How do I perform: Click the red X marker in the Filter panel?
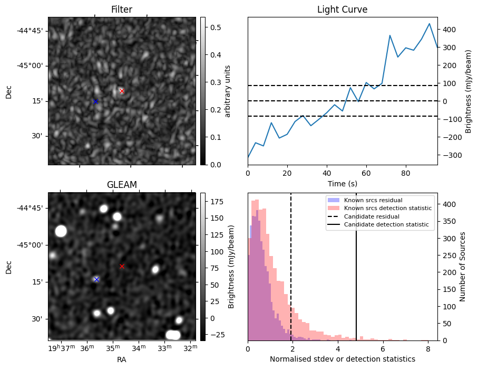pos(122,91)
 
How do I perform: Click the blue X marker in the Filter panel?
pos(96,101)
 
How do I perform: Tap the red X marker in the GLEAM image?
pos(122,267)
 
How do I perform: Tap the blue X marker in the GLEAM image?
pos(96,279)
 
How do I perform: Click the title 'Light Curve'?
pos(343,10)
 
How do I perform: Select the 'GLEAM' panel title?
pos(122,185)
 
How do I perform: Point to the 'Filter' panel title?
pos(122,10)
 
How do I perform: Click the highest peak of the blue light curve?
pos(430,24)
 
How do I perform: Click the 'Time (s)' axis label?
pos(343,184)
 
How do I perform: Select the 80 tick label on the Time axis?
pos(406,174)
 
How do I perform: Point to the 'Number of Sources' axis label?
pos(462,267)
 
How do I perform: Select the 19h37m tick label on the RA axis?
pos(62,348)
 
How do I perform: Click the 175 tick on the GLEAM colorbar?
pos(217,202)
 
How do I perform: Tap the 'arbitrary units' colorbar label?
pos(228,91)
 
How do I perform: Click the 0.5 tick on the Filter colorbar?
pos(215,27)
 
